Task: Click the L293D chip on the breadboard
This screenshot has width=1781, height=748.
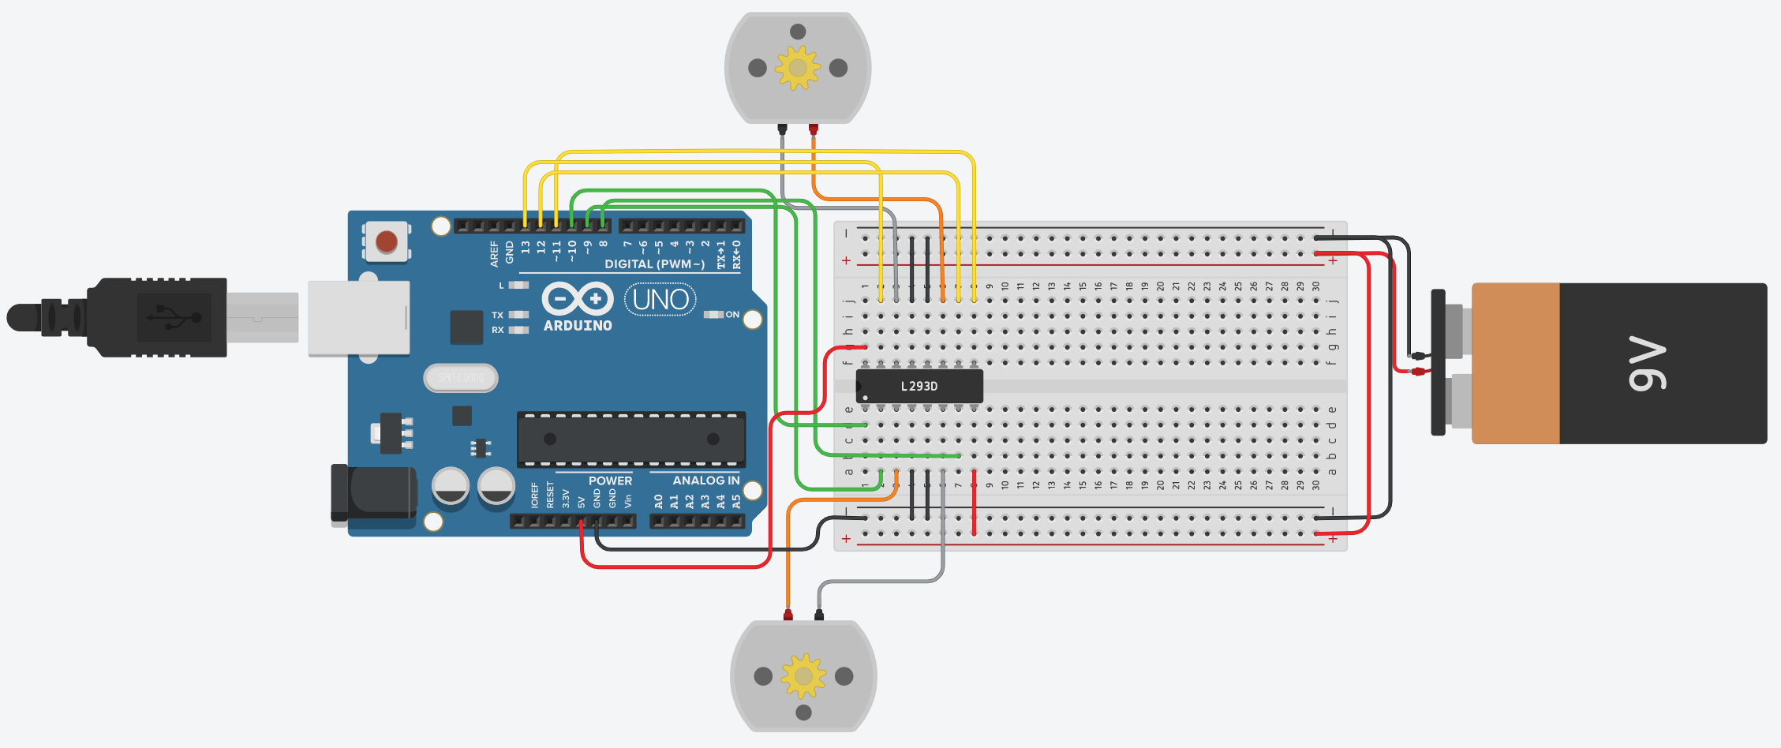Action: point(919,386)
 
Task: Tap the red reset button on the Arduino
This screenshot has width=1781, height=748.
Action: point(387,241)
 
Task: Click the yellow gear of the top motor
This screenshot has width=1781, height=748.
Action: point(798,68)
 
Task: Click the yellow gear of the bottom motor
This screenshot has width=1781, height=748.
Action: point(803,675)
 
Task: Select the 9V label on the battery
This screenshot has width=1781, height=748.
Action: point(1648,364)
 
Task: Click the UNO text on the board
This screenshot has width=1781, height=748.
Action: point(660,300)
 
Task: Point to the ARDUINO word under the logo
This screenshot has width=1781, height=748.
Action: point(578,326)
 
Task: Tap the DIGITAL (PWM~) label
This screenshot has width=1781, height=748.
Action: point(654,264)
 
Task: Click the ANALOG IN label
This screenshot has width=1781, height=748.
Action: point(705,481)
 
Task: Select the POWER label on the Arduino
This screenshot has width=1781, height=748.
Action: point(610,481)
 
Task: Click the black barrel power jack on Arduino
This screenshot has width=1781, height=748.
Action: point(374,493)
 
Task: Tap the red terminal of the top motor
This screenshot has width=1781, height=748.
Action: point(814,128)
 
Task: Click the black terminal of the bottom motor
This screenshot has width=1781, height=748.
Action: point(819,614)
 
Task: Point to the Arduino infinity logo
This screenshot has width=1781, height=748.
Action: point(578,299)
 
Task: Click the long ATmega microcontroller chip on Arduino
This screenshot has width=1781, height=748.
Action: point(631,439)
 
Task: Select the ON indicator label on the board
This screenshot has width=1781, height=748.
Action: point(732,315)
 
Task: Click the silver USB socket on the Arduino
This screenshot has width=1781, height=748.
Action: point(359,318)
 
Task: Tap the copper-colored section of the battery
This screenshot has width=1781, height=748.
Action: point(1515,364)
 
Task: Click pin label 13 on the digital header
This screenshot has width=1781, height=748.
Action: point(526,247)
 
